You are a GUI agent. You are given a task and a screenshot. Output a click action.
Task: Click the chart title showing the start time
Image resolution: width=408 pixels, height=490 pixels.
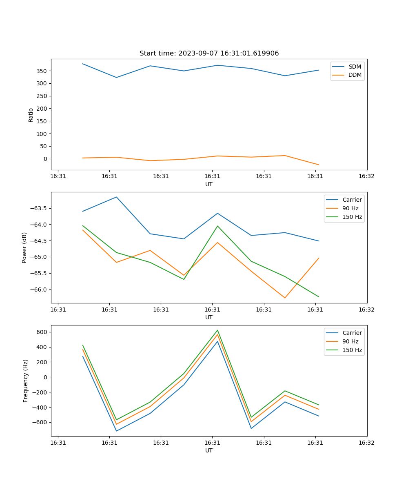click(x=209, y=53)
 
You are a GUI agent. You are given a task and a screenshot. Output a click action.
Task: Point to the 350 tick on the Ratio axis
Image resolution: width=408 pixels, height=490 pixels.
click(x=43, y=71)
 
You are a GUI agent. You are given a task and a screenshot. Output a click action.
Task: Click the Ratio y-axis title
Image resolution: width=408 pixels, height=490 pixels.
click(x=31, y=115)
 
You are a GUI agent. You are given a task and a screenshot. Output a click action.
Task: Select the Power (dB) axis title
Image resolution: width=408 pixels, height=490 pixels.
click(x=24, y=247)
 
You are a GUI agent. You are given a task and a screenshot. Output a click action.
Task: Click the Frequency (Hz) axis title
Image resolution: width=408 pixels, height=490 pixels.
click(x=25, y=381)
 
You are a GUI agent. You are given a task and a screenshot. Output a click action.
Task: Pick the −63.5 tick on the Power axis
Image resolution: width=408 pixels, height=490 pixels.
click(x=39, y=208)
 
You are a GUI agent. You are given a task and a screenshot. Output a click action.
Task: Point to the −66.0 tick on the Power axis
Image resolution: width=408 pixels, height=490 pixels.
click(x=39, y=290)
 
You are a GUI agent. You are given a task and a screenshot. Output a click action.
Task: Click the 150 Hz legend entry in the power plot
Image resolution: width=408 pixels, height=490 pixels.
click(x=352, y=217)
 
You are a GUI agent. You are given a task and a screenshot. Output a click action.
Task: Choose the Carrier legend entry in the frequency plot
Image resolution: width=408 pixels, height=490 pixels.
click(x=352, y=333)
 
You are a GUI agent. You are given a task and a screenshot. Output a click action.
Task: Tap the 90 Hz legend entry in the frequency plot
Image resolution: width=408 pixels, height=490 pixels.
click(x=350, y=341)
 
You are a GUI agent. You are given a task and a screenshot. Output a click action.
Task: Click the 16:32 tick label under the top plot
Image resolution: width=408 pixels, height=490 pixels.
click(x=366, y=176)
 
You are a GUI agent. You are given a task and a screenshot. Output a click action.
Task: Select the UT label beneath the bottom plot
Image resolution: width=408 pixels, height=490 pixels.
click(x=209, y=450)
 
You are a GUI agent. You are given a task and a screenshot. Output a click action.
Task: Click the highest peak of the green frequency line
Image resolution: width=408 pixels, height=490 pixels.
click(x=217, y=330)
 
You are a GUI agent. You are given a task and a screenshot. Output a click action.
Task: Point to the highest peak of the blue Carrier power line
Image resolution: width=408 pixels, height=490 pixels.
click(x=117, y=197)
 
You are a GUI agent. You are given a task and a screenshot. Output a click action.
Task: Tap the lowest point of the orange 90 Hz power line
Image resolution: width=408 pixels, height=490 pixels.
click(x=285, y=298)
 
